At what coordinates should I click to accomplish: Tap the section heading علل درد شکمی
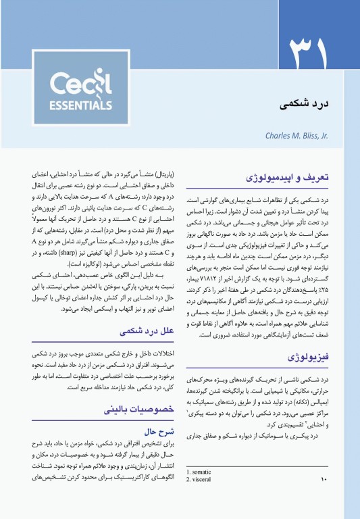click(x=145, y=332)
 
